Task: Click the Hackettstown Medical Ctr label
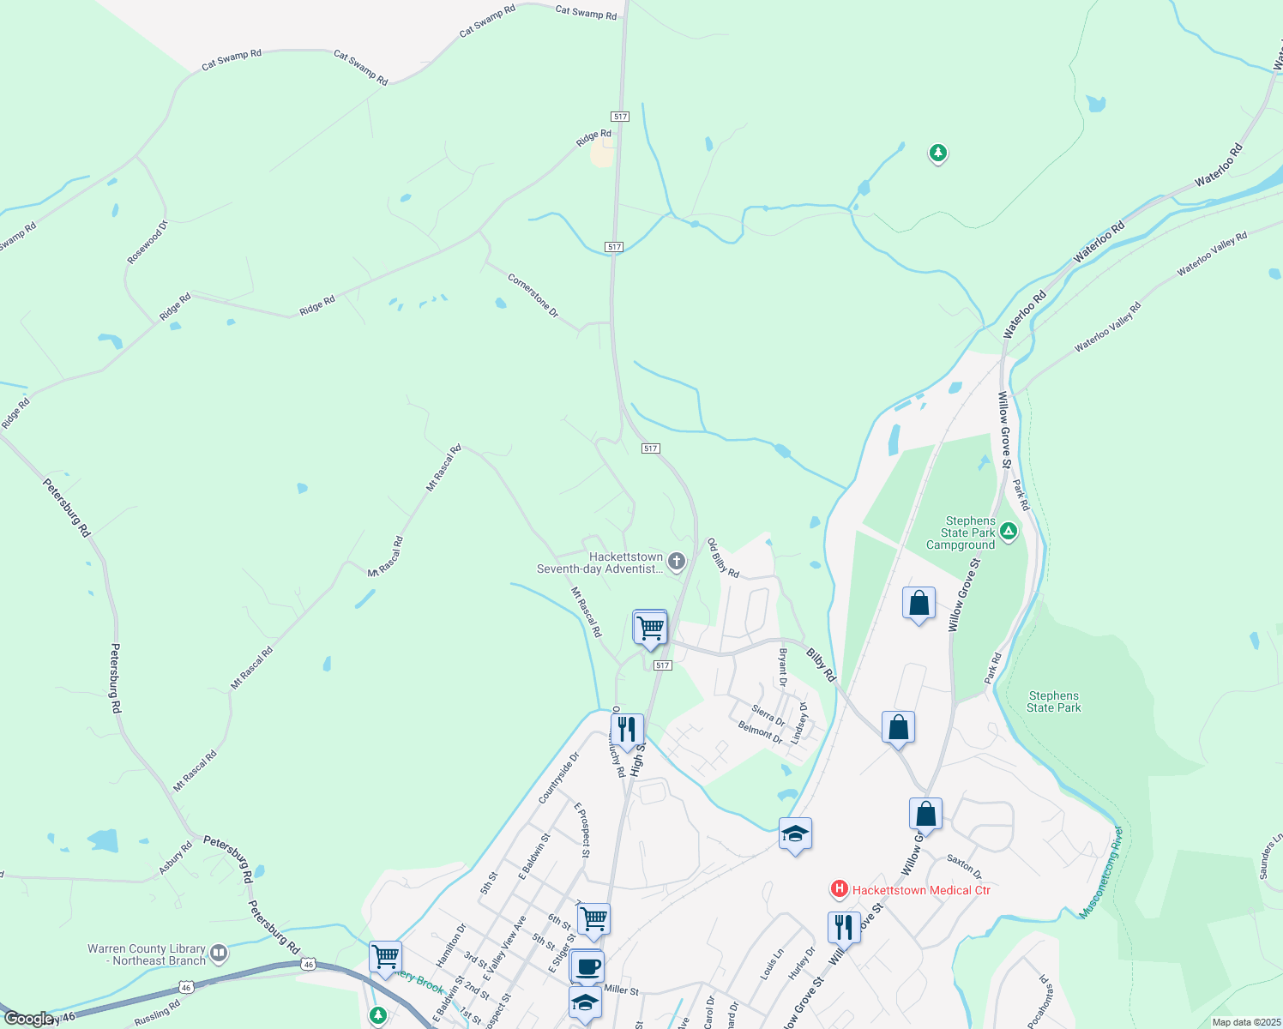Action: (921, 890)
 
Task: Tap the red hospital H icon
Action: (840, 890)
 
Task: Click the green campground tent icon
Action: (1009, 532)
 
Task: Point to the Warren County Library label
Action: (147, 954)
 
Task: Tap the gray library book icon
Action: (219, 953)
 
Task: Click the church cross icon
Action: (677, 562)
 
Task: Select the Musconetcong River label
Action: (1100, 873)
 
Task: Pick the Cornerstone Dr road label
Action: (533, 296)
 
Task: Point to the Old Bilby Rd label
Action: (722, 558)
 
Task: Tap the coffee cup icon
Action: (587, 967)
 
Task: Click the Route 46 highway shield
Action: (308, 965)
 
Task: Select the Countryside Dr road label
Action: (559, 779)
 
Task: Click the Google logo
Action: (28, 1019)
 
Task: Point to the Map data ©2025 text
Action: (1245, 1022)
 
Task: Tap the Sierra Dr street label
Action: (768, 715)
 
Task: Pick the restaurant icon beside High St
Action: (627, 730)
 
